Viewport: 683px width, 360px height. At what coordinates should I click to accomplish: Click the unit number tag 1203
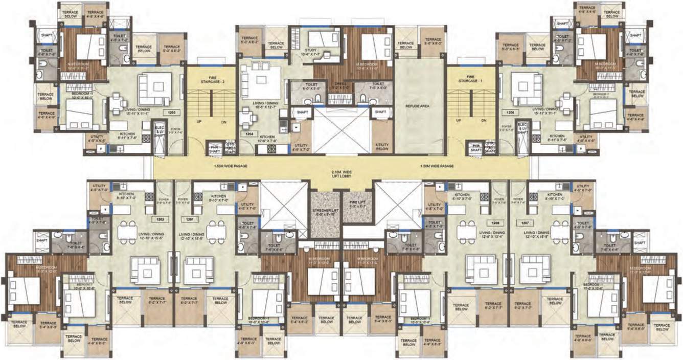169,112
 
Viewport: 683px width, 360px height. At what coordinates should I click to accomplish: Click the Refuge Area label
418,106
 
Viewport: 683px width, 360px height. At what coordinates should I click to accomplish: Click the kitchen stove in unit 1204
271,149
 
